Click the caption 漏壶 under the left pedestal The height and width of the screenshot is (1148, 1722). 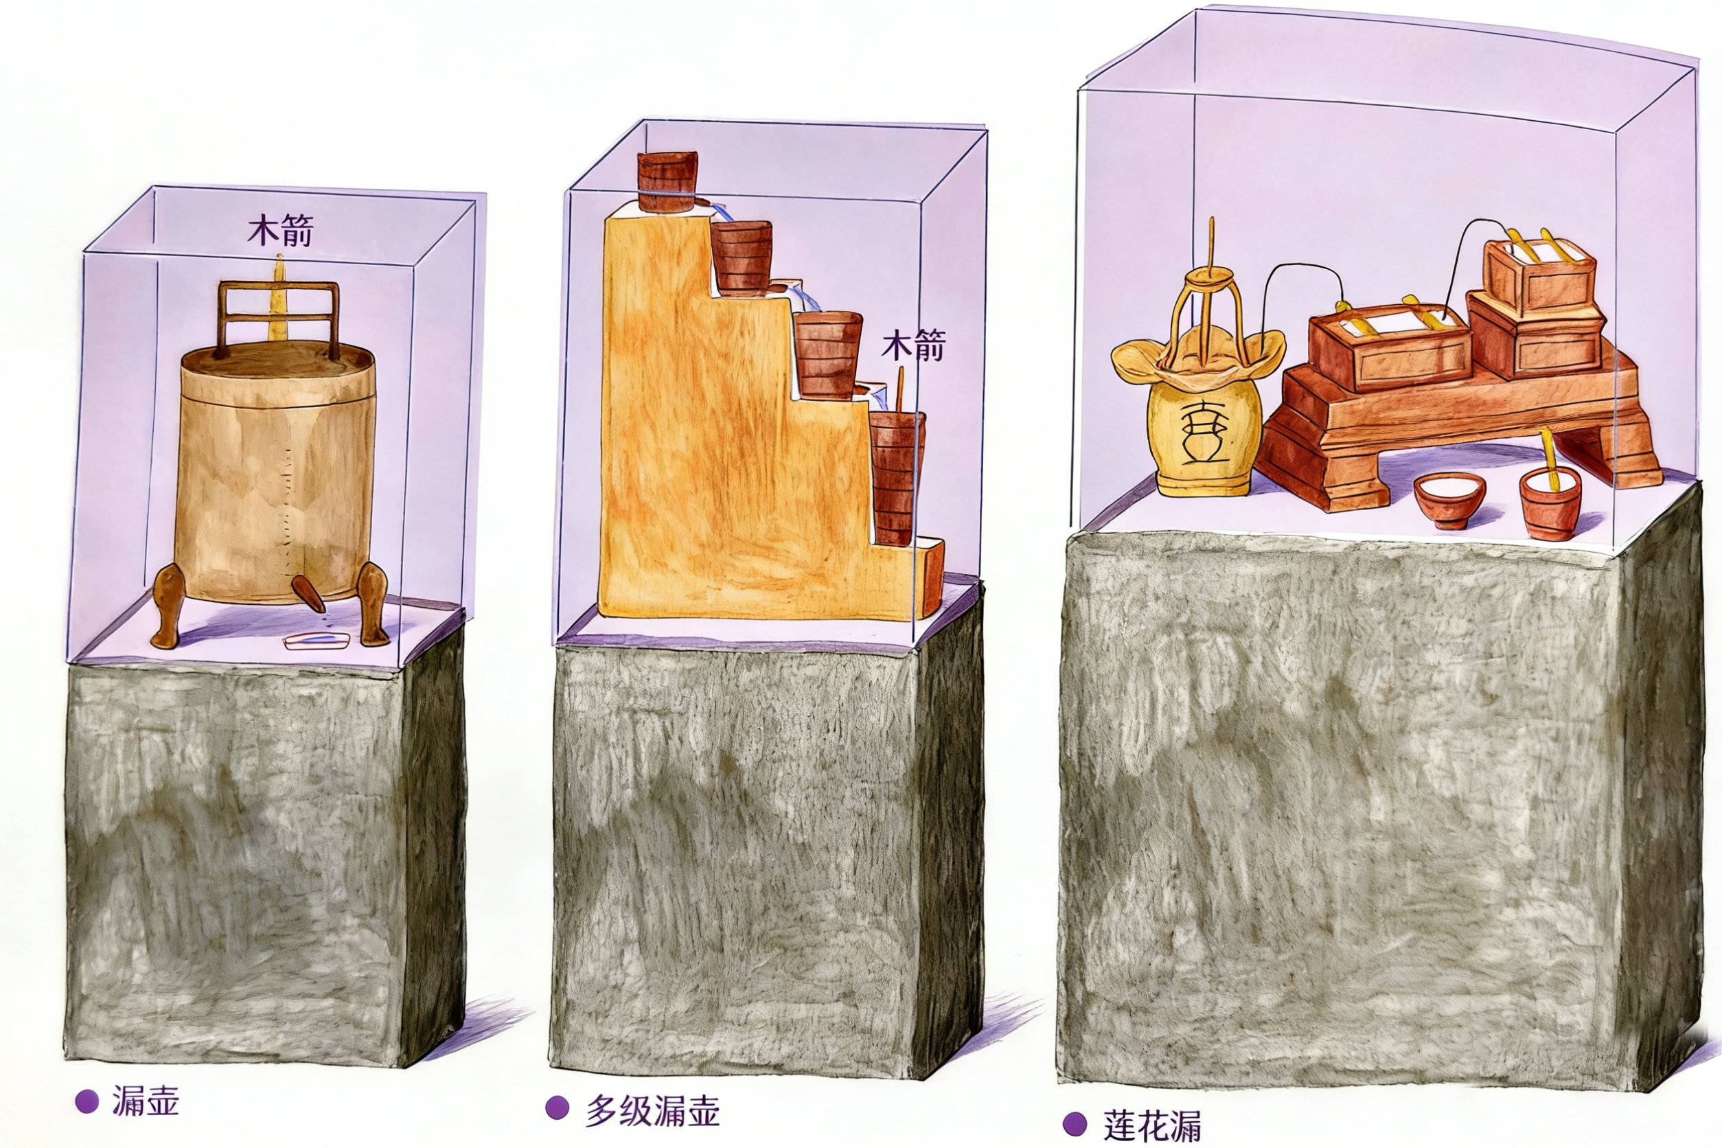[145, 1101]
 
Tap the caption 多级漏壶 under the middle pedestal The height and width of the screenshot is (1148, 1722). [652, 1111]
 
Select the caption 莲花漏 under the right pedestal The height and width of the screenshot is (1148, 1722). [1152, 1125]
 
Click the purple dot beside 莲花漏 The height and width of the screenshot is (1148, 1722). [1075, 1123]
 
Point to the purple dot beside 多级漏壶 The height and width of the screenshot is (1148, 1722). [557, 1107]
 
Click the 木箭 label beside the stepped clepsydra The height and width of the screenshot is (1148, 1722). [913, 345]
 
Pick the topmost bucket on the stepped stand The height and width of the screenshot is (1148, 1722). [667, 181]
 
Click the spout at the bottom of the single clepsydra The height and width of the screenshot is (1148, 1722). [308, 592]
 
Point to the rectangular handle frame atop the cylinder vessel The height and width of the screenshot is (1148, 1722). [278, 319]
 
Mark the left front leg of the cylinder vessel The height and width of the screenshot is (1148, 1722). [168, 606]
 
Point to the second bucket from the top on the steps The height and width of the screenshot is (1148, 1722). [742, 257]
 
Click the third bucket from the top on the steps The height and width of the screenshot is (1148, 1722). [828, 354]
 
